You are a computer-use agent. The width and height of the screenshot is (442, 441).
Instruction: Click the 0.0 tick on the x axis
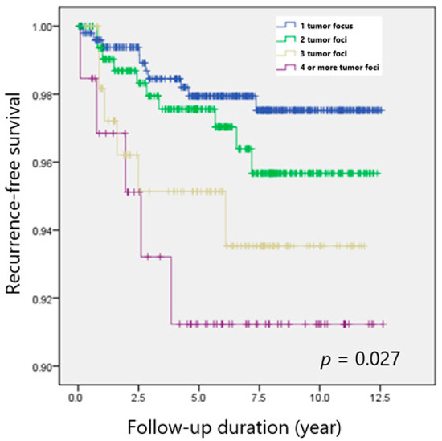(77, 397)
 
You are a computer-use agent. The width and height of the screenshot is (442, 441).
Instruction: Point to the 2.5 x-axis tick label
(138, 397)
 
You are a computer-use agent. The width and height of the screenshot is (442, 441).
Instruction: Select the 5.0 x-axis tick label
(198, 397)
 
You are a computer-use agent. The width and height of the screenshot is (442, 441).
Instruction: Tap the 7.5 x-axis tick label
(260, 397)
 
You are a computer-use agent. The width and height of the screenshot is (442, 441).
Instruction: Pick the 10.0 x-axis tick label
(320, 397)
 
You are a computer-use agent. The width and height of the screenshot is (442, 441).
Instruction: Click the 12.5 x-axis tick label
(381, 397)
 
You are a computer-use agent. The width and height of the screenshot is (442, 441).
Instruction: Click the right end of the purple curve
(384, 324)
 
